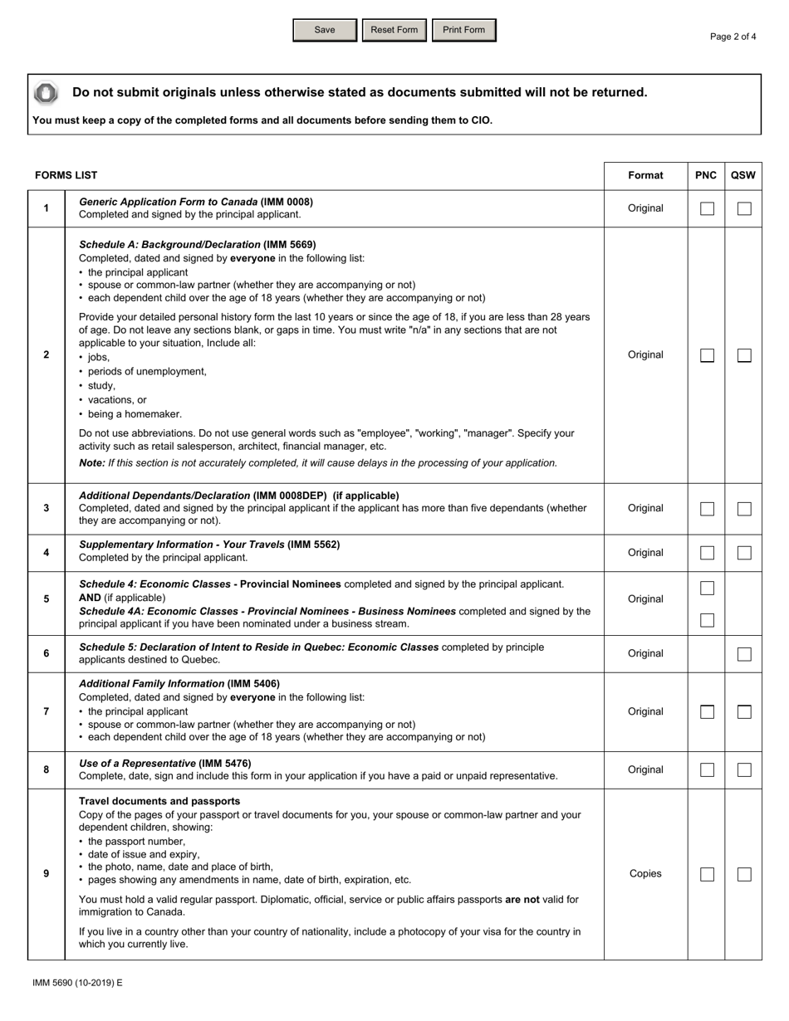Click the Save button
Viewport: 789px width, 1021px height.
tap(325, 30)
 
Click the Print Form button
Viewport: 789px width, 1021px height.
tap(463, 30)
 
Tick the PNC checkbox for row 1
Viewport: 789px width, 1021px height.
tap(707, 208)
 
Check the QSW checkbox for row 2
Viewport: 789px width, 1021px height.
tap(744, 355)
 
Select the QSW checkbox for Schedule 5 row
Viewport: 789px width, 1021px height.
tap(744, 654)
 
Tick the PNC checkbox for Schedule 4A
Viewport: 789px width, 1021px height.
tap(707, 620)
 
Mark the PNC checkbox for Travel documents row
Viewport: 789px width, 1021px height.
tap(707, 874)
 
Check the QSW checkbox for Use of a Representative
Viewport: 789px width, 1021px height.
tap(744, 770)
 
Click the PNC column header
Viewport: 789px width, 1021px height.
tap(706, 175)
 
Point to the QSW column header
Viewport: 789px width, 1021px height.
tap(743, 175)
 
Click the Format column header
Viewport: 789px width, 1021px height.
tap(645, 175)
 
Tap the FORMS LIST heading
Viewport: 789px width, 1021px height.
tap(66, 175)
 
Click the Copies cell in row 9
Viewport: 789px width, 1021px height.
tap(645, 873)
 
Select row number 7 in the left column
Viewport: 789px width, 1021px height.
tap(46, 711)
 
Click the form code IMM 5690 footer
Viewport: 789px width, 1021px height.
tap(77, 983)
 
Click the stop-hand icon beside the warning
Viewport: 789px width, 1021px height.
tap(46, 93)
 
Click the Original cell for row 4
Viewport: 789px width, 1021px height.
tap(645, 553)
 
